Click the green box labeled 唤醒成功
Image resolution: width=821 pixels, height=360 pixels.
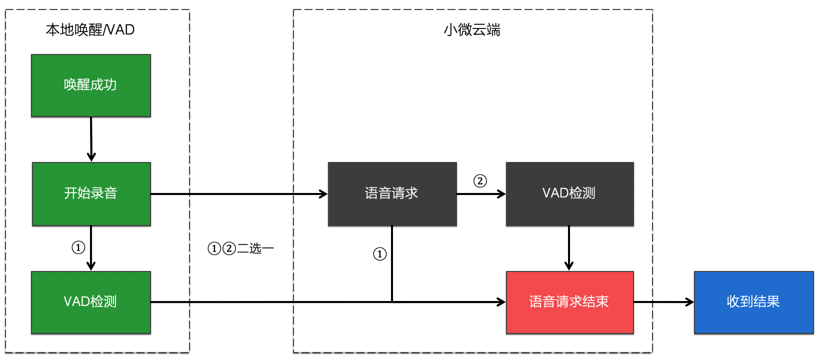pyautogui.click(x=91, y=85)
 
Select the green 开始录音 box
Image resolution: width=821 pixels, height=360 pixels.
pyautogui.click(x=91, y=193)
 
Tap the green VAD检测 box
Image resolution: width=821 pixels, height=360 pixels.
pyautogui.click(x=91, y=302)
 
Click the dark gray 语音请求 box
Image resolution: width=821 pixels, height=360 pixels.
pyautogui.click(x=392, y=193)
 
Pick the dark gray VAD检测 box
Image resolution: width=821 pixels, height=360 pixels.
pyautogui.click(x=569, y=193)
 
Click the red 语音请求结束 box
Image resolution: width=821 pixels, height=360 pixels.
pyautogui.click(x=569, y=302)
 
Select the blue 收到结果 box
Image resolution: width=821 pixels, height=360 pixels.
pyautogui.click(x=753, y=302)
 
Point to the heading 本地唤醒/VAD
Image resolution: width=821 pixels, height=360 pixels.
pyautogui.click(x=90, y=30)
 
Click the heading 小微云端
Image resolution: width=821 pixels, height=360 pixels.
pyautogui.click(x=472, y=30)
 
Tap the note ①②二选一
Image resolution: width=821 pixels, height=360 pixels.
pyautogui.click(x=241, y=248)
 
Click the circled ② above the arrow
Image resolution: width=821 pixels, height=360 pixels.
pyautogui.click(x=480, y=181)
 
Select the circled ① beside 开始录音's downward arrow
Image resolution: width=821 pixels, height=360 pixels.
pyautogui.click(x=78, y=247)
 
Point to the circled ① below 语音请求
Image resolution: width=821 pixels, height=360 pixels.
pyautogui.click(x=380, y=254)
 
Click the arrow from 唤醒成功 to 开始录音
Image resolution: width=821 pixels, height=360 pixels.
pyautogui.click(x=91, y=139)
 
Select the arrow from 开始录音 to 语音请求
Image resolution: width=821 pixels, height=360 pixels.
pyautogui.click(x=239, y=194)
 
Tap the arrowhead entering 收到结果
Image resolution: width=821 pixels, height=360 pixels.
pyautogui.click(x=690, y=302)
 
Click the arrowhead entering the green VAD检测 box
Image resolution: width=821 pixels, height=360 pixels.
pyautogui.click(x=91, y=266)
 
